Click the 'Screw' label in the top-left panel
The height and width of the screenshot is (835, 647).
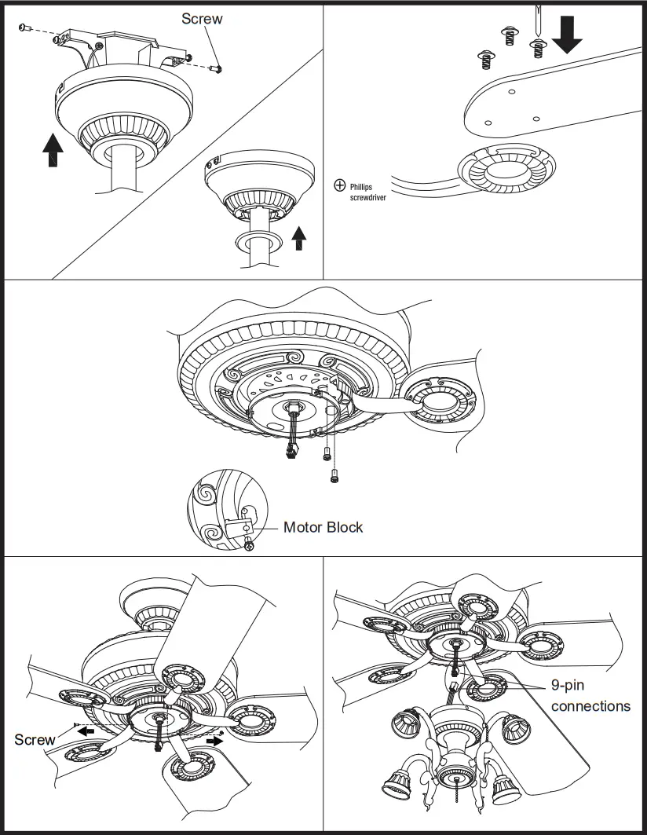pyautogui.click(x=202, y=18)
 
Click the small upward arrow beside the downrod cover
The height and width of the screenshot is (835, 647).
pyautogui.click(x=298, y=237)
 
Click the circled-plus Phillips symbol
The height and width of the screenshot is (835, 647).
pyautogui.click(x=340, y=185)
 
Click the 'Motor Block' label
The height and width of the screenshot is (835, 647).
pyautogui.click(x=323, y=527)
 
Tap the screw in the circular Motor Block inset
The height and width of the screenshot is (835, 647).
pyautogui.click(x=249, y=545)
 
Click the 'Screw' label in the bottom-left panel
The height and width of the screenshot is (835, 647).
pyautogui.click(x=35, y=739)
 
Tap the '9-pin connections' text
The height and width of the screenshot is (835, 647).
pyautogui.click(x=590, y=696)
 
